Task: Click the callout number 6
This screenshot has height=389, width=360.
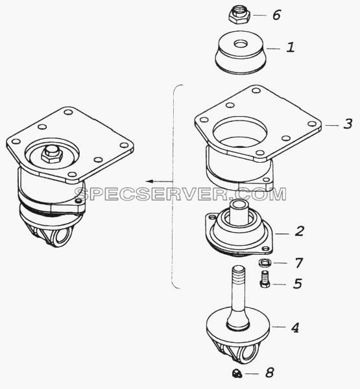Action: [x=276, y=15]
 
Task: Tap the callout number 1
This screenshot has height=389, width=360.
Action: [x=291, y=47]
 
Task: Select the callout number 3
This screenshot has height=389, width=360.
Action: [x=348, y=124]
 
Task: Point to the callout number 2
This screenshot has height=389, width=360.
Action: [x=300, y=231]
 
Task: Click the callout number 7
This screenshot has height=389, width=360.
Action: [x=299, y=263]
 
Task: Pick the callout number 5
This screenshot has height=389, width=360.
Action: [x=298, y=283]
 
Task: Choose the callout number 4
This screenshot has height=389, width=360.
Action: [x=295, y=327]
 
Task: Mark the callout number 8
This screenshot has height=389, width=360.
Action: [x=270, y=372]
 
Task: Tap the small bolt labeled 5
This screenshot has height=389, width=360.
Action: [x=265, y=279]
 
